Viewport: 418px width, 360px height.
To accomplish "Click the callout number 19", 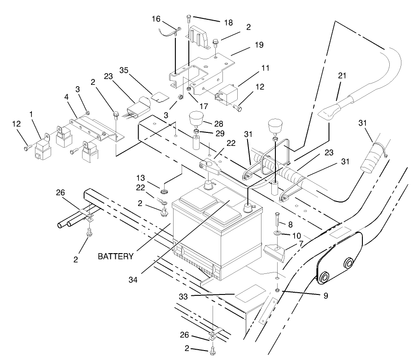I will point(259,45).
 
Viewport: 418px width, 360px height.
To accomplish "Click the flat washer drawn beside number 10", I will point(278,233).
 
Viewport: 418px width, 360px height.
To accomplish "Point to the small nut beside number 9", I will point(278,290).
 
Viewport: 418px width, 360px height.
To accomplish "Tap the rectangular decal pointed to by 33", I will point(250,293).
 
